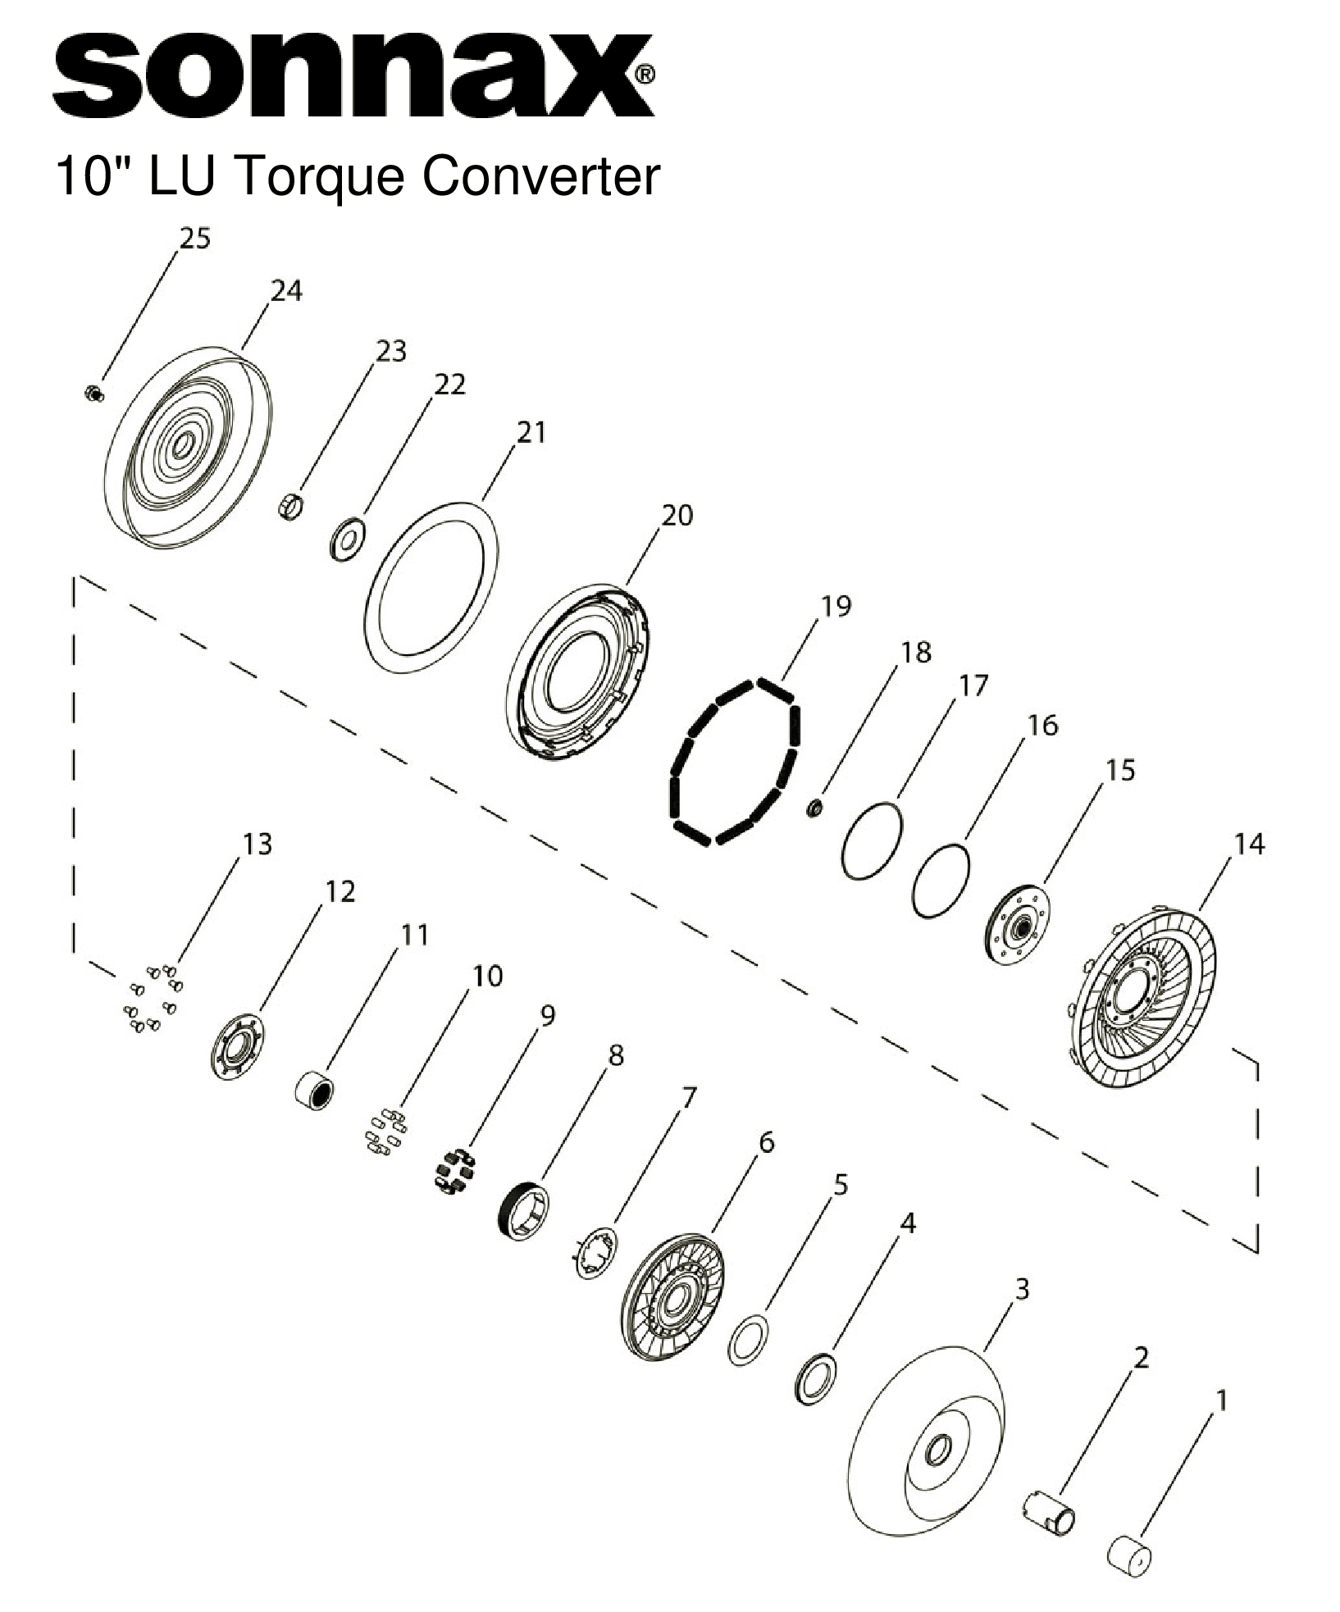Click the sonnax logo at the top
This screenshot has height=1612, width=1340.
(353, 75)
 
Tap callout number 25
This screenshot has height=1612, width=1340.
(195, 239)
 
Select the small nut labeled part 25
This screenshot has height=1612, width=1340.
(95, 394)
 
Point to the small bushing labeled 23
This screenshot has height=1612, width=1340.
(289, 507)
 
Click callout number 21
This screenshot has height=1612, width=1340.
(531, 432)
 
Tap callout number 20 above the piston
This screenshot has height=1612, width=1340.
(677, 515)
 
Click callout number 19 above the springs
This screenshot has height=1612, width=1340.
(836, 606)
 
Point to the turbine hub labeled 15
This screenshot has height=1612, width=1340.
(1017, 927)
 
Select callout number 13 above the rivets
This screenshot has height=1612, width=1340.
(257, 843)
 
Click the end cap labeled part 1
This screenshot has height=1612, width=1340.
(1129, 1555)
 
